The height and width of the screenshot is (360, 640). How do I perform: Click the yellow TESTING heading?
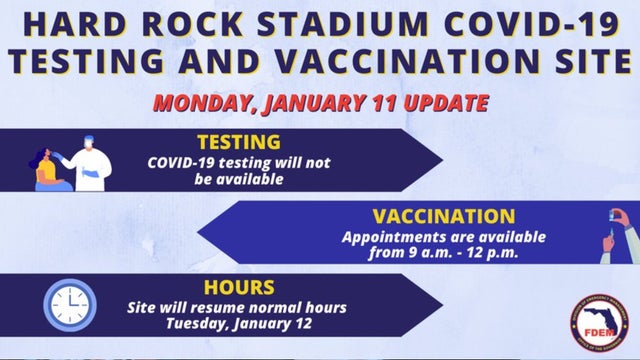pyautogui.click(x=239, y=142)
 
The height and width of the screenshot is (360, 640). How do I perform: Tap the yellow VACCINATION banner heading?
pyautogui.click(x=444, y=216)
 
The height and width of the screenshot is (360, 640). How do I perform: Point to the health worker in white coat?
pyautogui.click(x=91, y=162)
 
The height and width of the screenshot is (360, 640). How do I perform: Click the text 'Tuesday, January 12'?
pyautogui.click(x=239, y=324)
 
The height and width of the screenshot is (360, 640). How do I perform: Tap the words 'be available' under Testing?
pyautogui.click(x=239, y=180)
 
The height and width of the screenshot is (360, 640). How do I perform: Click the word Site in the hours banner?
pyautogui.click(x=144, y=307)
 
